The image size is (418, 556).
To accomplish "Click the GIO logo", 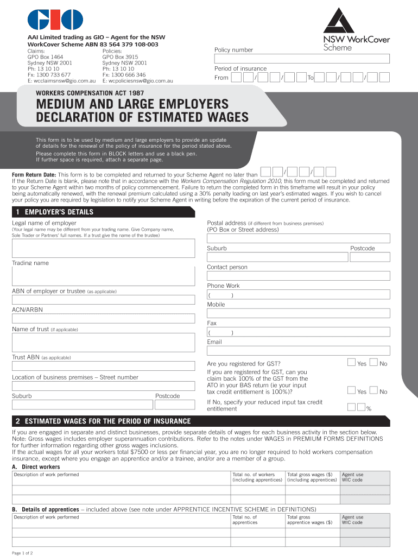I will click(55, 20).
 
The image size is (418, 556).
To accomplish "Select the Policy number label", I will click(233, 50).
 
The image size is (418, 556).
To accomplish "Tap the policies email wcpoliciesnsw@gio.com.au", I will click(137, 81).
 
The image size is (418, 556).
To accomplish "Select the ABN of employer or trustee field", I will click(103, 300).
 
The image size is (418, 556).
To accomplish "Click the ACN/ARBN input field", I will click(103, 319).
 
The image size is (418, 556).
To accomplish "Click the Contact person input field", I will click(298, 276).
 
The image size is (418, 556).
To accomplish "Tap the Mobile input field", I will click(298, 313).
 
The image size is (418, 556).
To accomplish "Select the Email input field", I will click(298, 351).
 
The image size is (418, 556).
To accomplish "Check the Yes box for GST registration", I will click(351, 362).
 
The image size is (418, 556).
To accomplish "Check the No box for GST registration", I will click(373, 362).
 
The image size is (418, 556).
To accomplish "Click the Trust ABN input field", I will click(103, 367).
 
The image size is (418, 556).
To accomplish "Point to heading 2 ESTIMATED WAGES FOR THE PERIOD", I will click(103, 421).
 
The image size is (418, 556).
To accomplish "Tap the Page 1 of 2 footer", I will click(23, 553).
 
